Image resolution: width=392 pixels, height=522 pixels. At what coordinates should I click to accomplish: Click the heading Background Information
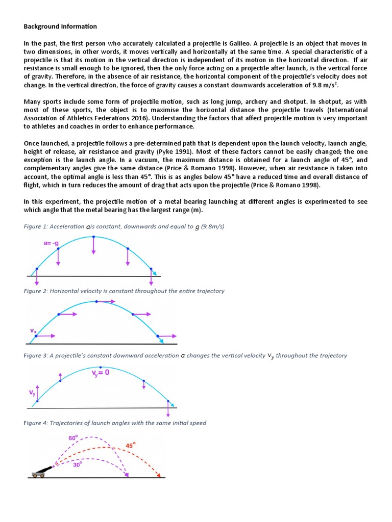(x=60, y=26)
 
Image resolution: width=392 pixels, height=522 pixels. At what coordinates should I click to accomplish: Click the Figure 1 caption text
(x=124, y=227)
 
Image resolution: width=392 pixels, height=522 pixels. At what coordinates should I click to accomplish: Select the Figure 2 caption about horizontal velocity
(x=124, y=291)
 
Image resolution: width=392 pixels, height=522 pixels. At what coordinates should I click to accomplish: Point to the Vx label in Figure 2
(x=33, y=331)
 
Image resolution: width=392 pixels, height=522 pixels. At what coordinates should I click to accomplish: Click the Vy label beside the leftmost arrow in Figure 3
(x=31, y=393)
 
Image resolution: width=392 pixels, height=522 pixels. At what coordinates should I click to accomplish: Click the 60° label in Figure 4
(x=73, y=438)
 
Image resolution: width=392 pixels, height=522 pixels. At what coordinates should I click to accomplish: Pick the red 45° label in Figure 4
(x=132, y=445)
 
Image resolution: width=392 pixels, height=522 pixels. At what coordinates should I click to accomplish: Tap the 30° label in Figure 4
(x=77, y=464)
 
